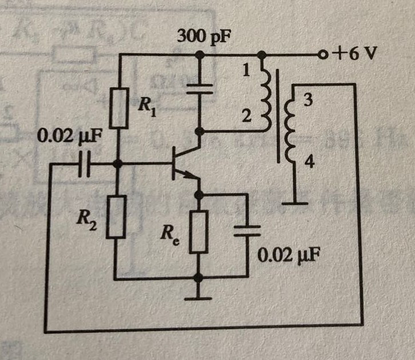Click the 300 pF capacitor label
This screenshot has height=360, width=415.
click(x=204, y=37)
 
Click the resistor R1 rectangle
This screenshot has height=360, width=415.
click(x=119, y=108)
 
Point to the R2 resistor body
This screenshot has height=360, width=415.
click(x=116, y=217)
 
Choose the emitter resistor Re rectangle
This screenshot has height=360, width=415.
click(x=198, y=231)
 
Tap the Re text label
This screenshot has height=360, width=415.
click(x=169, y=236)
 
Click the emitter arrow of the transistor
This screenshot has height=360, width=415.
click(x=189, y=174)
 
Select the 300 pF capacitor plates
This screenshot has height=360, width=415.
click(x=199, y=89)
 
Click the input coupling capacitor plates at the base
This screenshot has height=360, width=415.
click(x=85, y=164)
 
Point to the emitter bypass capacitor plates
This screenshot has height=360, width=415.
click(x=247, y=231)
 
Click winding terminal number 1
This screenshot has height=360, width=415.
click(x=246, y=71)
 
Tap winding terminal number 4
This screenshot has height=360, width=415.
click(x=309, y=162)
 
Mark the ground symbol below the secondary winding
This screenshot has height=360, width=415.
click(x=295, y=203)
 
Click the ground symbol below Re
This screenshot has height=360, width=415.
click(x=198, y=299)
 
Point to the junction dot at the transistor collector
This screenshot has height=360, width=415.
click(x=199, y=131)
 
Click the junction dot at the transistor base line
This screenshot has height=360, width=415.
click(x=118, y=163)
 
